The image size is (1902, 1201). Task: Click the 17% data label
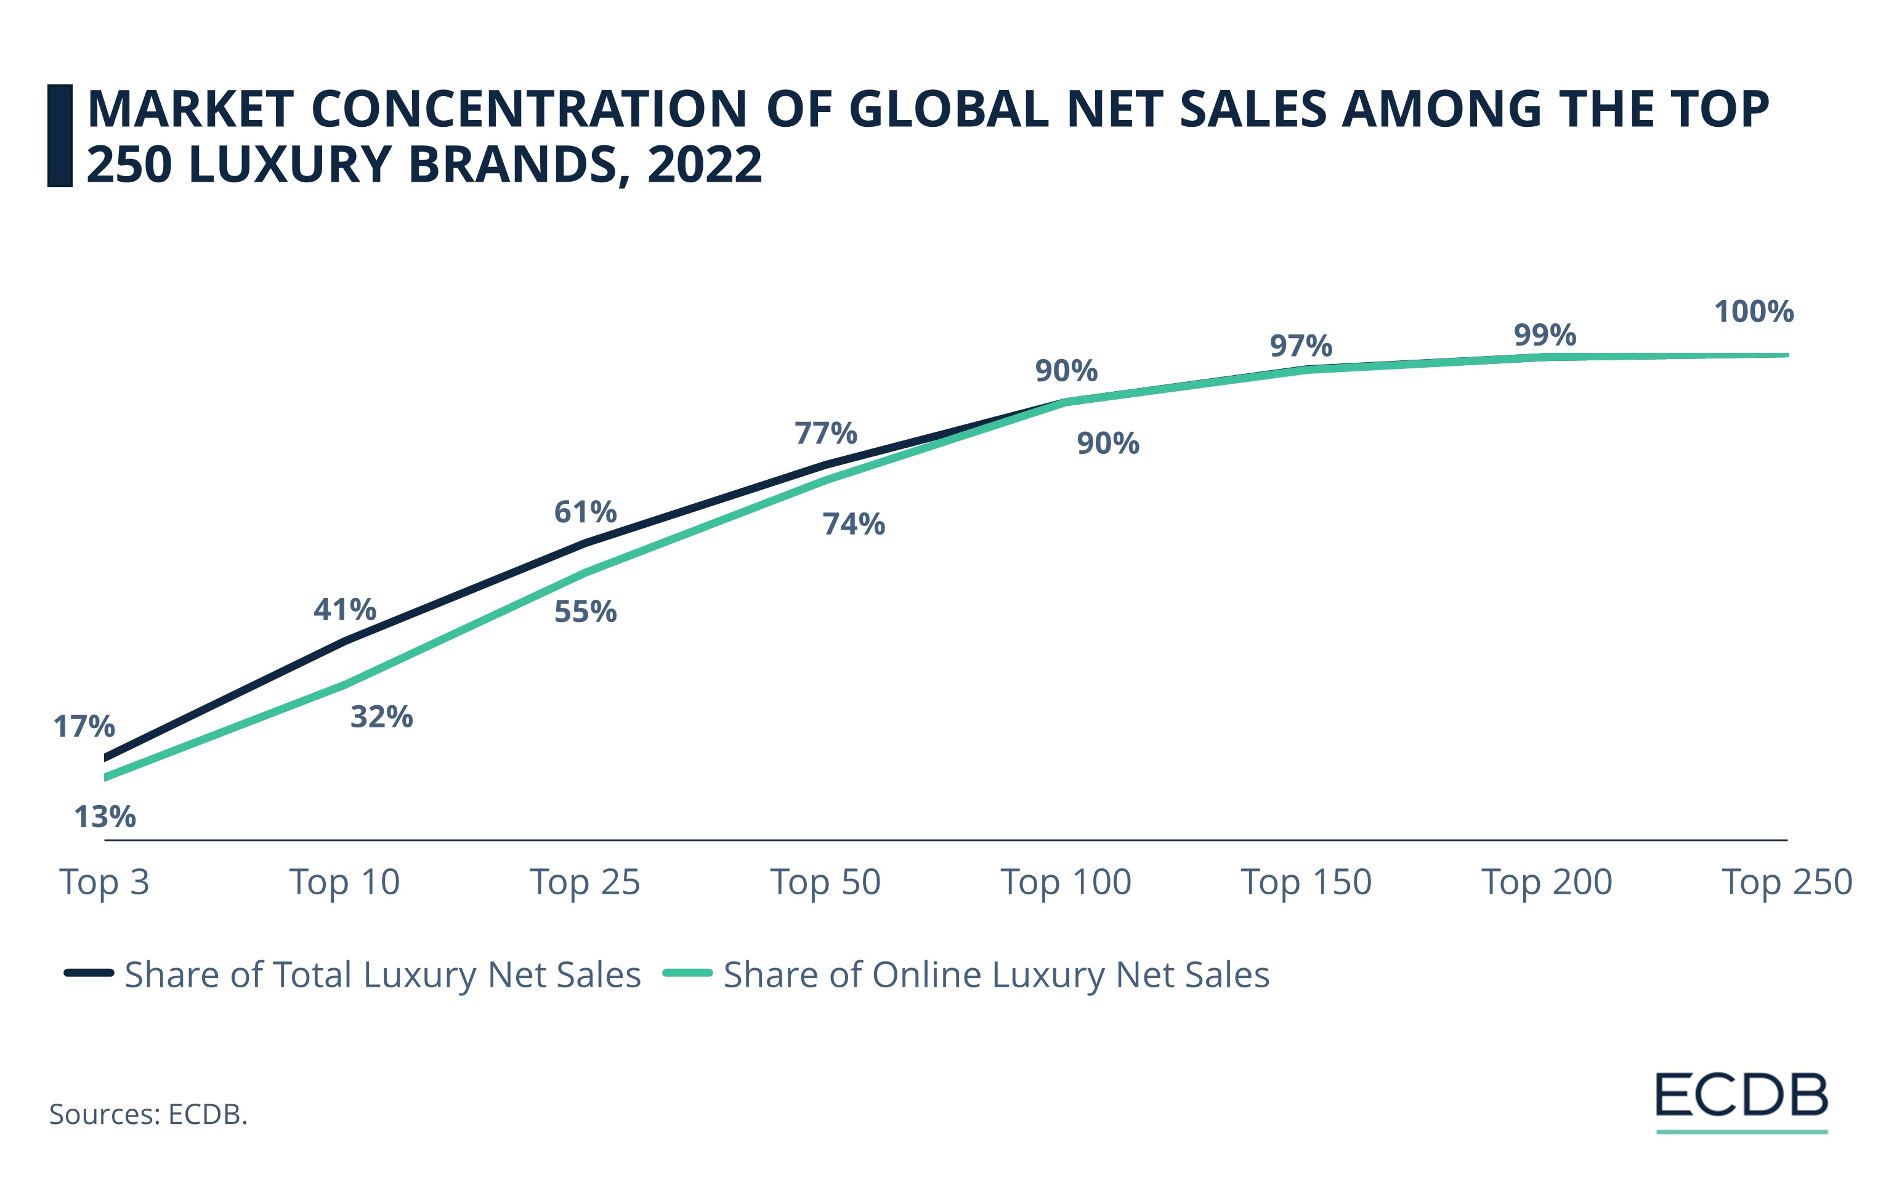pos(84,726)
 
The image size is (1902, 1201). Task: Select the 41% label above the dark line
pos(344,610)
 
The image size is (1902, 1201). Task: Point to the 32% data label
pos(381,717)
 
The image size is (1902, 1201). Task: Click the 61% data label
pos(585,512)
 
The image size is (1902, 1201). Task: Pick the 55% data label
pos(585,612)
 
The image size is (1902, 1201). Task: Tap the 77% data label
pos(825,434)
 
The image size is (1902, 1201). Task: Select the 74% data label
pos(853,524)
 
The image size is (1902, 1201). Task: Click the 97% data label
pos(1301,346)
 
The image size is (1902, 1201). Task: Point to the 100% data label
pos(1754,312)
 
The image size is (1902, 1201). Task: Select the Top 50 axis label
pos(825,882)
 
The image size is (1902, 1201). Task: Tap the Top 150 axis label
pos(1306,882)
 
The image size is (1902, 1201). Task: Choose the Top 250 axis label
pos(1787,882)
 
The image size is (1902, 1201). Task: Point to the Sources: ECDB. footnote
pos(148,1114)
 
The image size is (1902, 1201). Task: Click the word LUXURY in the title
pos(291,164)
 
